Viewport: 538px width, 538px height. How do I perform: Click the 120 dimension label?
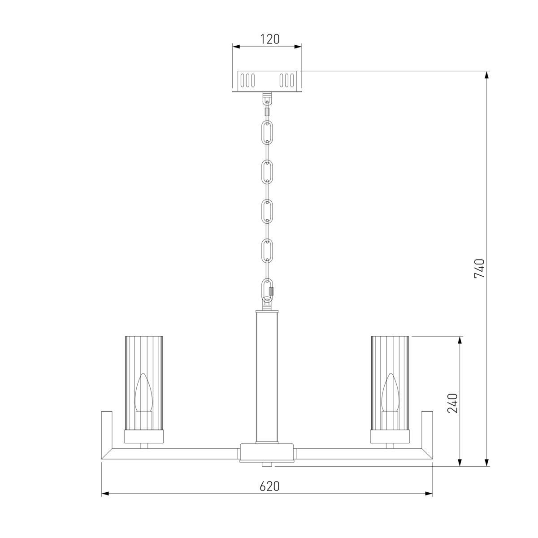pos(270,39)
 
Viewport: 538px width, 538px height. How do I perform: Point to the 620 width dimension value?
pos(269,486)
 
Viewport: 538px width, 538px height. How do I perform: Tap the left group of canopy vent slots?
pos(247,80)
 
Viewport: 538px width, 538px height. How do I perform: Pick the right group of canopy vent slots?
pos(287,80)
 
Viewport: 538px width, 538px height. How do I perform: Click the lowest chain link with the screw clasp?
pos(268,290)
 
